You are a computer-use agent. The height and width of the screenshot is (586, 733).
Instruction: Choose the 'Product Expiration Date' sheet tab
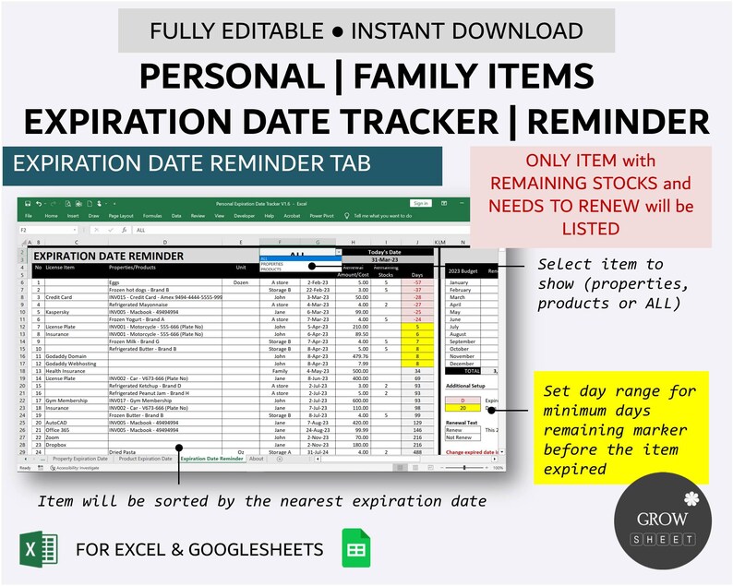tap(145, 459)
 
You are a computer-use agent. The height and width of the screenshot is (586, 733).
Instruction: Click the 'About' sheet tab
tap(257, 459)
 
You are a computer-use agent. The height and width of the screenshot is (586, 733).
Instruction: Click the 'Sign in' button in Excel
tap(421, 203)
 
